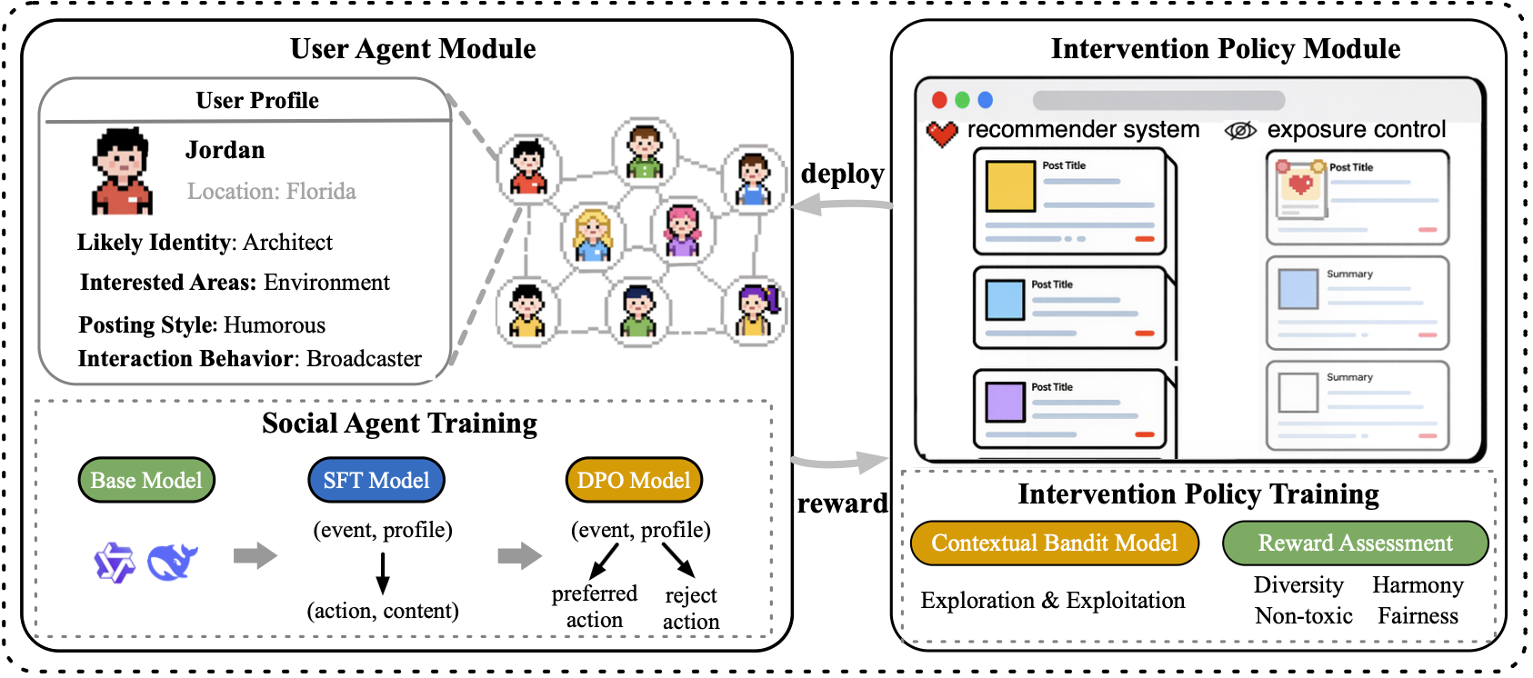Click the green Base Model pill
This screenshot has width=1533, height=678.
coord(146,480)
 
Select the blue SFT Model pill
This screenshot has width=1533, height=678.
coord(376,480)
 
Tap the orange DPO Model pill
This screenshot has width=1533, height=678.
coord(634,480)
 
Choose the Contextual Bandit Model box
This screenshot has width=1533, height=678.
coord(1054,543)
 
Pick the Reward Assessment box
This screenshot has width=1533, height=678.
coord(1355,543)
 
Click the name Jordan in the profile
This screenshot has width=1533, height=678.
coord(225,150)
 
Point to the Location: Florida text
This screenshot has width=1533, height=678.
coord(271,191)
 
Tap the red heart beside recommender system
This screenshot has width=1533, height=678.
coord(942,134)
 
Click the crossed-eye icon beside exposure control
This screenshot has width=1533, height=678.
coord(1240,131)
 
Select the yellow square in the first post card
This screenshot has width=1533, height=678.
coord(1010,186)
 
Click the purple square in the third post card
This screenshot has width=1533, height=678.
coord(1005,401)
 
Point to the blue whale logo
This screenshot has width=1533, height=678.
coord(172,562)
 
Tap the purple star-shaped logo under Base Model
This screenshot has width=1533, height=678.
coord(115,563)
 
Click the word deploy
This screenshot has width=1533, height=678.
coord(842,174)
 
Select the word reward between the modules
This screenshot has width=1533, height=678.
coord(842,504)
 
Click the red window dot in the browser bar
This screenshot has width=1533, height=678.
coord(939,100)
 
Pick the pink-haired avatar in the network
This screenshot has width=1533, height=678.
coord(682,229)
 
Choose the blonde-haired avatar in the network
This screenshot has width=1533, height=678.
coord(593,235)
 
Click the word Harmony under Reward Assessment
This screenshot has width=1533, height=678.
coord(1418,584)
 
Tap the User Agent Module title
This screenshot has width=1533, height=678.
coord(413,49)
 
